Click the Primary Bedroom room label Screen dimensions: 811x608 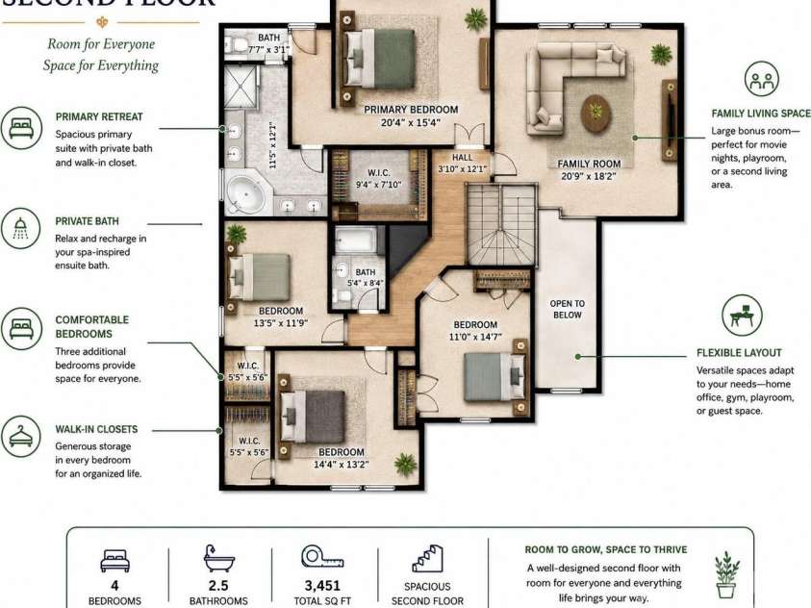[411, 110]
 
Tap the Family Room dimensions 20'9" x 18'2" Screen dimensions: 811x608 [589, 176]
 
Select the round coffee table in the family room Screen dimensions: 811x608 [596, 114]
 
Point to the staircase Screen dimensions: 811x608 [501, 225]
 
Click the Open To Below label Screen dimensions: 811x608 [568, 309]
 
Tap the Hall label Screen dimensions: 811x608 [463, 157]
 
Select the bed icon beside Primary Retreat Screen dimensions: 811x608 [21, 128]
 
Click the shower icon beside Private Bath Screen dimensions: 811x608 [21, 228]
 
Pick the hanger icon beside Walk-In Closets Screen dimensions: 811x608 [21, 436]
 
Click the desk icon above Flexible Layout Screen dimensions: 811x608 [742, 315]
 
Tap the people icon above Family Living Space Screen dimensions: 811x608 [761, 79]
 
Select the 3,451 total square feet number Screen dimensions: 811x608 [322, 585]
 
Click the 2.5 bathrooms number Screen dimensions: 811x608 [218, 585]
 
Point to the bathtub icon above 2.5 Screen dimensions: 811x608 [218, 558]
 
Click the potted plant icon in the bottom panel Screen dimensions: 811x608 [726, 574]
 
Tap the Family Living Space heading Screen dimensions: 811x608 [761, 114]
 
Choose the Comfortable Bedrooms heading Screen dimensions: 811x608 [92, 327]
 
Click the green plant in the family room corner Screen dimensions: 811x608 [661, 54]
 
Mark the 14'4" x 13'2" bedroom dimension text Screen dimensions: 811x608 [342, 465]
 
